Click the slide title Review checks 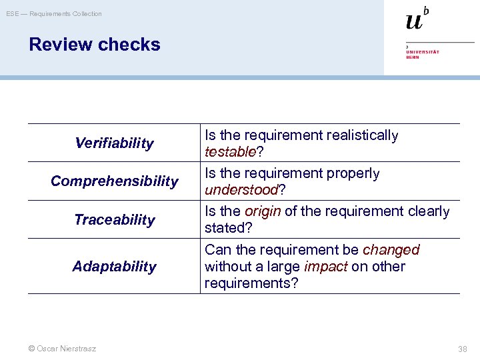click(x=95, y=45)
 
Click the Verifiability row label click(x=114, y=143)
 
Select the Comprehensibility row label click(x=114, y=181)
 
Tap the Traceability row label click(x=114, y=220)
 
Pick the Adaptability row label click(x=114, y=267)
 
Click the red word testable click(x=230, y=152)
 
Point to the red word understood click(x=241, y=190)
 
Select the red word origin click(x=263, y=211)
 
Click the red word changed click(x=391, y=250)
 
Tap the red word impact click(x=325, y=267)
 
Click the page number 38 click(x=463, y=349)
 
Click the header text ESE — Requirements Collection click(x=55, y=13)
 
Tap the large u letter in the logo click(x=414, y=21)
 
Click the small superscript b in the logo click(x=426, y=10)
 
